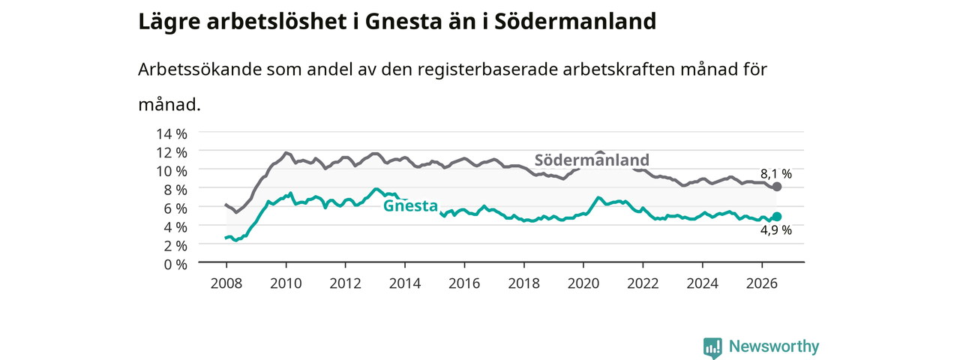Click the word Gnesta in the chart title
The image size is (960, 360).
tap(403, 22)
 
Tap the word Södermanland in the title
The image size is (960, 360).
tap(575, 22)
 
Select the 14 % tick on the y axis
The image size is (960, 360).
tap(172, 134)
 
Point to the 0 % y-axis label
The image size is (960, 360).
tap(175, 265)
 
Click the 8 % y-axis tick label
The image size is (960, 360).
tap(175, 190)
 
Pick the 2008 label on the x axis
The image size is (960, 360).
tap(226, 283)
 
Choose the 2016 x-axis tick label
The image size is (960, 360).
tap(464, 283)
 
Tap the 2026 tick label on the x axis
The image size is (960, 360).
tap(761, 283)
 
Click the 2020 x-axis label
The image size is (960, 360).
tap(583, 283)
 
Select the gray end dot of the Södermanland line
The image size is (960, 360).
tap(776, 187)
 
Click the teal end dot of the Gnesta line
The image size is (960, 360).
tap(776, 217)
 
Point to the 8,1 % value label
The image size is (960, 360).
tap(776, 174)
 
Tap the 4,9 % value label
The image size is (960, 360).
tap(776, 230)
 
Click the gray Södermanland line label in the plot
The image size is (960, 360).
tap(592, 160)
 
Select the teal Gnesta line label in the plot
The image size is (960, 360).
tap(410, 205)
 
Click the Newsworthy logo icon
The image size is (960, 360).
tap(712, 347)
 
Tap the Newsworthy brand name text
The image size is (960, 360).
tap(774, 346)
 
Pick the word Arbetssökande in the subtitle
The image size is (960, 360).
tap(199, 70)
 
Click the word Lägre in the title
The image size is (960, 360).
tap(169, 22)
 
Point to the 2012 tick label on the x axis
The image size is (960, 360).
tap(345, 283)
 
